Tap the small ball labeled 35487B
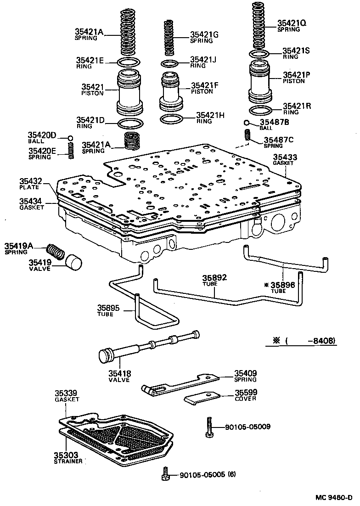(x=247, y=123)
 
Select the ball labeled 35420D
(x=70, y=138)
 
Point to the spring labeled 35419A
(x=56, y=252)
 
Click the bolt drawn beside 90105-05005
(x=165, y=474)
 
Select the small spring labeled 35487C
(x=247, y=135)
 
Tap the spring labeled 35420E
(x=71, y=151)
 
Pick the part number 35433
(x=285, y=157)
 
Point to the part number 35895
(x=108, y=308)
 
